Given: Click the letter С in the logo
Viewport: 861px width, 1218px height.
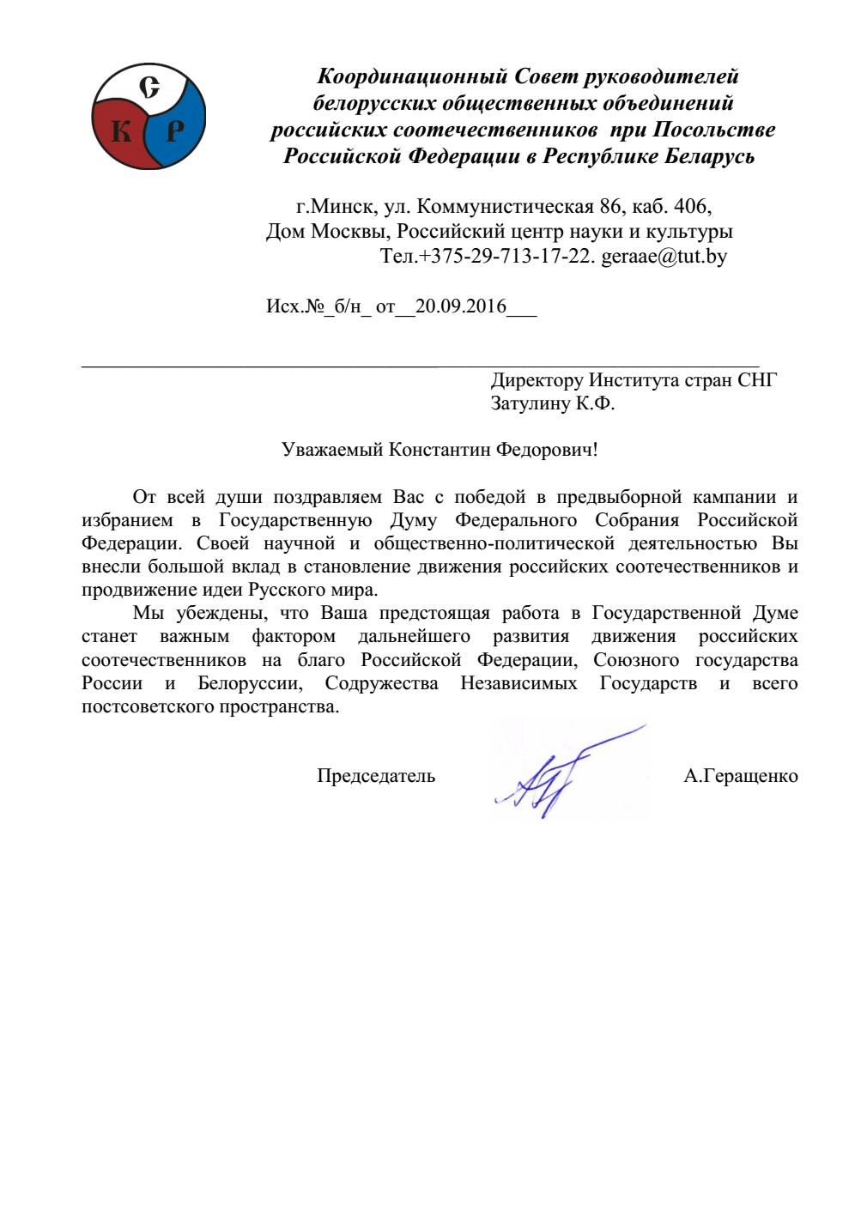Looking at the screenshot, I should (x=150, y=88).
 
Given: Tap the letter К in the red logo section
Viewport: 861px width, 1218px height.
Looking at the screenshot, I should (x=122, y=131).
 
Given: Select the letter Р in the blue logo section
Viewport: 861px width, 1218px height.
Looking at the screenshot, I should (x=175, y=130).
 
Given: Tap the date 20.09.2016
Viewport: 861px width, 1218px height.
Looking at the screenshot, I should (x=461, y=306).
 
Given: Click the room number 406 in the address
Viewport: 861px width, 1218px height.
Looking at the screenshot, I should (x=691, y=206).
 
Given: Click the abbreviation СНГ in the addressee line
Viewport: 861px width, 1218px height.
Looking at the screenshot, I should (x=756, y=380).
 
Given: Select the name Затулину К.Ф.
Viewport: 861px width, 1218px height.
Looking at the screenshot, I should (x=552, y=403).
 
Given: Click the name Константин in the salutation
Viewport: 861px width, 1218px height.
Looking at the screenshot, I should (x=440, y=450).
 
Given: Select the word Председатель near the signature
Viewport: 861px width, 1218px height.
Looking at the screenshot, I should (x=376, y=776).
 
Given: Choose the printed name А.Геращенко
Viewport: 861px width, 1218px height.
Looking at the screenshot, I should (x=740, y=776).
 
